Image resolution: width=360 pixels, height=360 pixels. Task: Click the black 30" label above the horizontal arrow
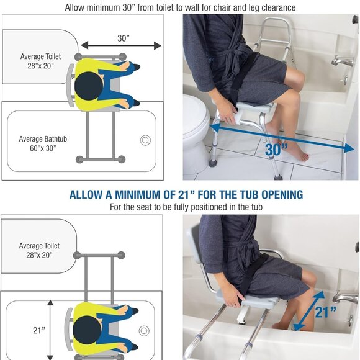click(122, 38)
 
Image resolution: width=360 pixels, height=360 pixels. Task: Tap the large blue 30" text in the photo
click(277, 149)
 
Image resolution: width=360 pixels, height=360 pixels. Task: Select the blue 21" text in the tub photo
click(325, 312)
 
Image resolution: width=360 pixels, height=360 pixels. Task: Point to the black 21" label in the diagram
click(39, 330)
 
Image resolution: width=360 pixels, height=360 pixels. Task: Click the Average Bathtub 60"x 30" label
click(43, 143)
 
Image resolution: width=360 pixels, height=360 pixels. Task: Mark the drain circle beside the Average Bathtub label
click(145, 140)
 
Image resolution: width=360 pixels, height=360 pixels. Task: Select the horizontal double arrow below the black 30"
click(120, 45)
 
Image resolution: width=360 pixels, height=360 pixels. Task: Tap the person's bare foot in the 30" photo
click(295, 151)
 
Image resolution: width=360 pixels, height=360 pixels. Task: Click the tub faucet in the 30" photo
click(341, 61)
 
